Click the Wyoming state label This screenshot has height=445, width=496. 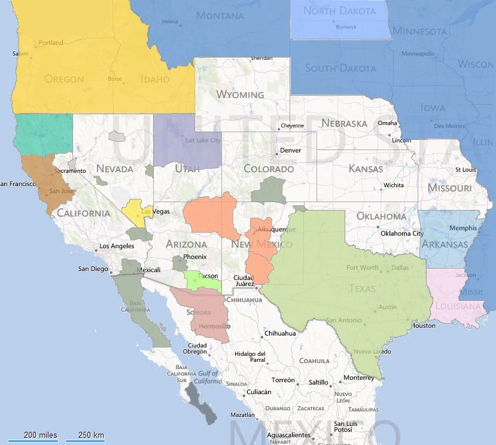pos(240,95)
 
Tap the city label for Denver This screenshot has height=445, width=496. pos(291,150)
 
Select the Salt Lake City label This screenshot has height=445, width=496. pos(202,141)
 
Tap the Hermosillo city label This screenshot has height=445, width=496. pos(214,327)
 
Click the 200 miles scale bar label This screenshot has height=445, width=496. pos(40,435)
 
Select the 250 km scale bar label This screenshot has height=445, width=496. pos(90,435)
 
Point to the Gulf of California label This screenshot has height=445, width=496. pos(208,377)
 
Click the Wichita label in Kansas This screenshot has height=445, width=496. pos(394,185)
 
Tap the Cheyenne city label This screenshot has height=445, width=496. pos(292,126)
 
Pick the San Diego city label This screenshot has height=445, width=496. pos(92,269)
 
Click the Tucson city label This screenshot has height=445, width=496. pos(209,276)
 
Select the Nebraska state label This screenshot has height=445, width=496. pos(344,123)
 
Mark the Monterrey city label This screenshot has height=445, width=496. pos(358,378)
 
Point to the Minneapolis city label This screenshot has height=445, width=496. pos(418,54)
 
